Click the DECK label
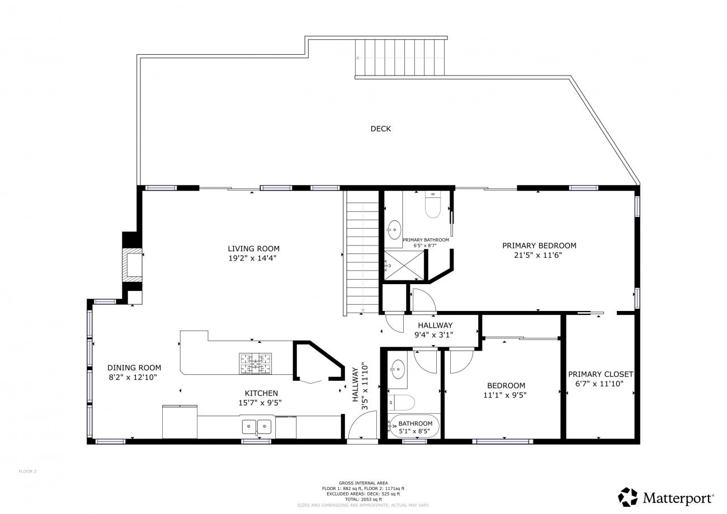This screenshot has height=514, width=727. tap(381, 129)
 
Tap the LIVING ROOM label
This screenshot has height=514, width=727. tap(253, 248)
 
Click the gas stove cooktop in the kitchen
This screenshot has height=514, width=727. tap(256, 364)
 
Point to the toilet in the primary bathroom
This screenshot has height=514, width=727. tap(433, 205)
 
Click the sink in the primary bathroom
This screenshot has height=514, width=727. tap(394, 230)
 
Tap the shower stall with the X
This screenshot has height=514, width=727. tap(404, 265)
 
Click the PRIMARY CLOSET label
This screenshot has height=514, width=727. tap(601, 374)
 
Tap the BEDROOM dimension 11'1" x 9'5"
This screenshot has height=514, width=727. tap(505, 395)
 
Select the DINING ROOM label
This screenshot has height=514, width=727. tap(134, 367)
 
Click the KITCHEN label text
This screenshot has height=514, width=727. tap(261, 393)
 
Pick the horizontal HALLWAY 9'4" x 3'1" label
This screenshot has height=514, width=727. tap(435, 330)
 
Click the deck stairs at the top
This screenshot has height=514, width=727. tap(399, 57)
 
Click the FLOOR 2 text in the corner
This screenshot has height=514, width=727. tap(27, 471)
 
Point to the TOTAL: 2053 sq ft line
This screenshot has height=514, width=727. tap(363, 499)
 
